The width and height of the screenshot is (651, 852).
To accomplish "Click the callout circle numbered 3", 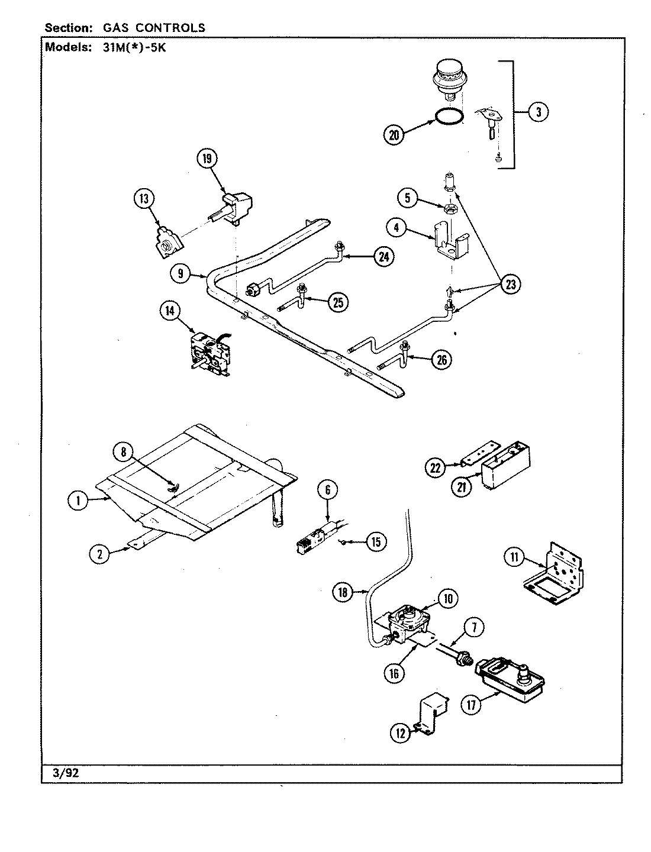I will (x=537, y=112).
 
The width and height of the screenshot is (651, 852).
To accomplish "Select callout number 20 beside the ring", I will (x=394, y=135).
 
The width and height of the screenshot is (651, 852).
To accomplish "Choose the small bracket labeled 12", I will (x=430, y=715).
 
